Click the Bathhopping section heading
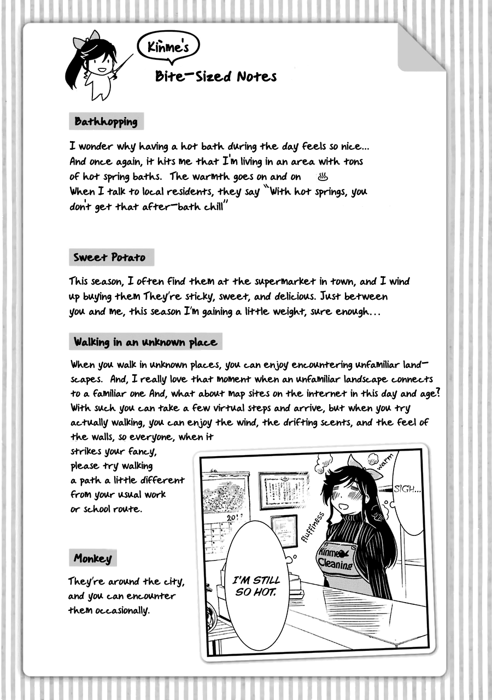coord(106,121)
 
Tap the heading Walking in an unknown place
coord(145,342)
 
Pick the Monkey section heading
coord(93,558)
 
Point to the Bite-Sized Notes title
coord(215,76)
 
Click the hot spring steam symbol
coord(322,177)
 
